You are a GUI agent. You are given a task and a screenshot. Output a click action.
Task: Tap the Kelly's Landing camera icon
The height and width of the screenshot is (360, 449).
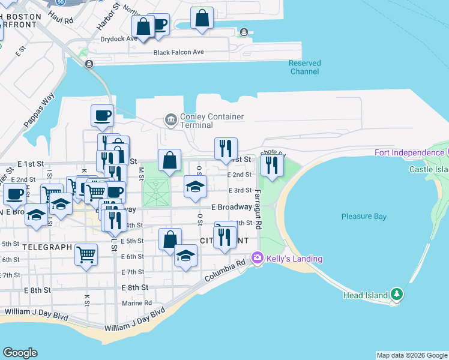[x=258, y=258]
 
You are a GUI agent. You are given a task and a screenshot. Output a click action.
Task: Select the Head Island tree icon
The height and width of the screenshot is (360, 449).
[x=396, y=294]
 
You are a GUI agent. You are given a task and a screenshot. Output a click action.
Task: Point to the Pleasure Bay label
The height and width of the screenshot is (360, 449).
[x=364, y=217]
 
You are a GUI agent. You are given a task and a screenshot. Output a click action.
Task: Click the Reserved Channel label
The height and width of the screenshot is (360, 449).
[x=304, y=67]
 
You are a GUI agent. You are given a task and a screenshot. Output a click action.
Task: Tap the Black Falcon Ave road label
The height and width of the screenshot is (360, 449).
[x=178, y=52]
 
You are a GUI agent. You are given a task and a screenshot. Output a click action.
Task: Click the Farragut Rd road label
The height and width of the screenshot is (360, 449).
[x=258, y=210]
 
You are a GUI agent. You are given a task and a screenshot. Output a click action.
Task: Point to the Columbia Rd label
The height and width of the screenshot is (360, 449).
[x=224, y=271]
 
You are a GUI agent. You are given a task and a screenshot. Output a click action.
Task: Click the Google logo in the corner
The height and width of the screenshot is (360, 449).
[x=20, y=353]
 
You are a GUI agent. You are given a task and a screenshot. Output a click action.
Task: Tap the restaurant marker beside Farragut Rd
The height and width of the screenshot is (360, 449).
[x=272, y=166]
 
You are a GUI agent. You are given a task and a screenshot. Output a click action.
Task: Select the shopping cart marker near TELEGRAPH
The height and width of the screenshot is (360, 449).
[x=86, y=254]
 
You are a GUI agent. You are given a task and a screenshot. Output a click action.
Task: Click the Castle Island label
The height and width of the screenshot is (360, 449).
[x=429, y=170]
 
